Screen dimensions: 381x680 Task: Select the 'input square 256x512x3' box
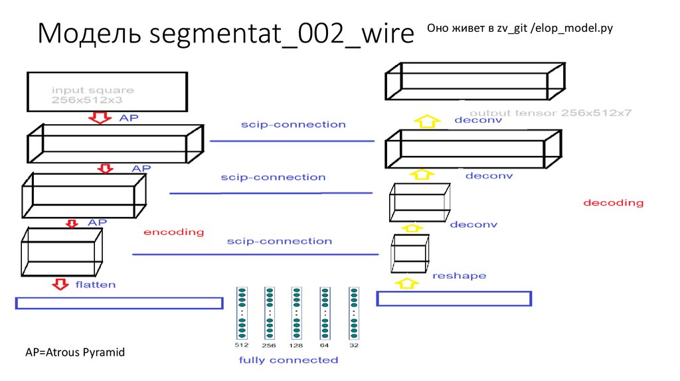(106, 91)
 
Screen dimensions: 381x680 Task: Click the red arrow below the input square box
(102, 118)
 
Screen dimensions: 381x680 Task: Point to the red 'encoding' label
(173, 232)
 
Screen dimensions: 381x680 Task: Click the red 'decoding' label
(613, 202)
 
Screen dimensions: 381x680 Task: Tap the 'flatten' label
(95, 285)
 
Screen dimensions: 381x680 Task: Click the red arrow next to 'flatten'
(60, 284)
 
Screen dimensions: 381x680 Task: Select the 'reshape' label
(459, 275)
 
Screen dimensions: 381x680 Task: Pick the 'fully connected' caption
(288, 360)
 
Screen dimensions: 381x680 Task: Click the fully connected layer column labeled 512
(242, 313)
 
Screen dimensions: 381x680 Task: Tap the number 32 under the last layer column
(353, 346)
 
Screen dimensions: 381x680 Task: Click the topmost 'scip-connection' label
(293, 125)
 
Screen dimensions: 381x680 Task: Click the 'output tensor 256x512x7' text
(551, 113)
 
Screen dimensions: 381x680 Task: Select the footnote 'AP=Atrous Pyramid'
(74, 352)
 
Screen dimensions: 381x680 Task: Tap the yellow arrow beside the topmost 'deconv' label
(428, 121)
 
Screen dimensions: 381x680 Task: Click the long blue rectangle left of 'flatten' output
(119, 303)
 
